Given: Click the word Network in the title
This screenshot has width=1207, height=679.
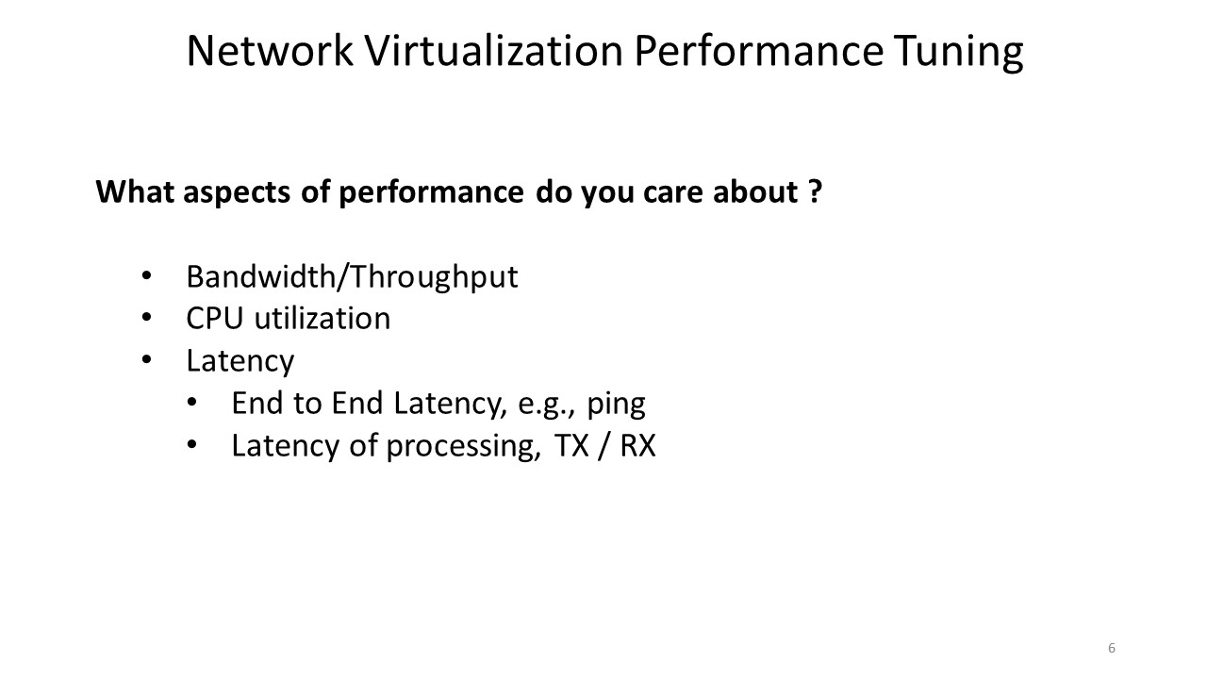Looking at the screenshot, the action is (270, 51).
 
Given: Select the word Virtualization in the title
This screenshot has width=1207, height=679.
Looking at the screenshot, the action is (494, 51).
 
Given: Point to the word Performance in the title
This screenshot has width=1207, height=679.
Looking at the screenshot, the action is (759, 51).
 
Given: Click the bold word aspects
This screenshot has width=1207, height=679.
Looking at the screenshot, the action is (237, 193).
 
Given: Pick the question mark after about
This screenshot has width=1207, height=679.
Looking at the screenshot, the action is (816, 191).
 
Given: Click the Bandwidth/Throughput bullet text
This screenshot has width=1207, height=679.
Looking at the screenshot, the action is (352, 277).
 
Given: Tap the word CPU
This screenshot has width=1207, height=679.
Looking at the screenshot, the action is (214, 319).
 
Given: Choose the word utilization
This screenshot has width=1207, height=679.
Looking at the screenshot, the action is (322, 318).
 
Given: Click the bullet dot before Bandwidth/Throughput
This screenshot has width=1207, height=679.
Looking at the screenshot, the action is (146, 276).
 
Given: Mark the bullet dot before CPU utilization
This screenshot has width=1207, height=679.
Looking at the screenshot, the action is (146, 318).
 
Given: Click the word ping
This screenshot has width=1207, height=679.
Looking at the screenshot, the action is (616, 405).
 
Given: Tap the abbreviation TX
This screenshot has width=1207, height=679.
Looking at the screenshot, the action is (571, 446).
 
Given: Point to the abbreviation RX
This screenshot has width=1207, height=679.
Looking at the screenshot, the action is (638, 446).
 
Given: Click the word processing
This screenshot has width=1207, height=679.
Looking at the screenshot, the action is (463, 447).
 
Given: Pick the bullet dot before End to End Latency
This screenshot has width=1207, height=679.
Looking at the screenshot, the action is (191, 403).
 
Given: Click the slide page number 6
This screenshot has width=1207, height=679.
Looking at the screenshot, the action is (1112, 648).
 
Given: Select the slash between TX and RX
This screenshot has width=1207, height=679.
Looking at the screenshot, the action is (604, 446).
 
